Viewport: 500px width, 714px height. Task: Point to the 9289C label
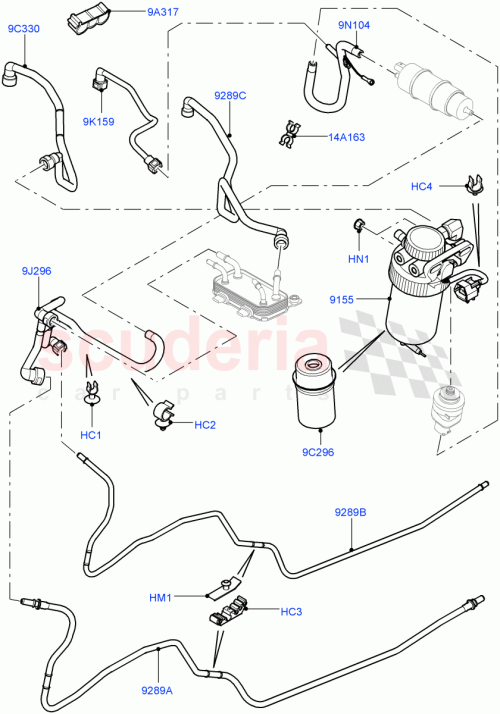pyautogui.click(x=229, y=96)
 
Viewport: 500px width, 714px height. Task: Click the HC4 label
pyautogui.click(x=422, y=186)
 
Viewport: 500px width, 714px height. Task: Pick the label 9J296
pyautogui.click(x=39, y=271)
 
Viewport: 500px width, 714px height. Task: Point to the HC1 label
pyautogui.click(x=91, y=435)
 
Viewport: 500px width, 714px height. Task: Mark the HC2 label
pyautogui.click(x=205, y=425)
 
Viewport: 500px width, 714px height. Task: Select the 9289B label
pyautogui.click(x=350, y=513)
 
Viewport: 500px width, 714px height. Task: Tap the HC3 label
pyautogui.click(x=292, y=611)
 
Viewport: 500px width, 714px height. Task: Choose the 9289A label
pyautogui.click(x=157, y=689)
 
